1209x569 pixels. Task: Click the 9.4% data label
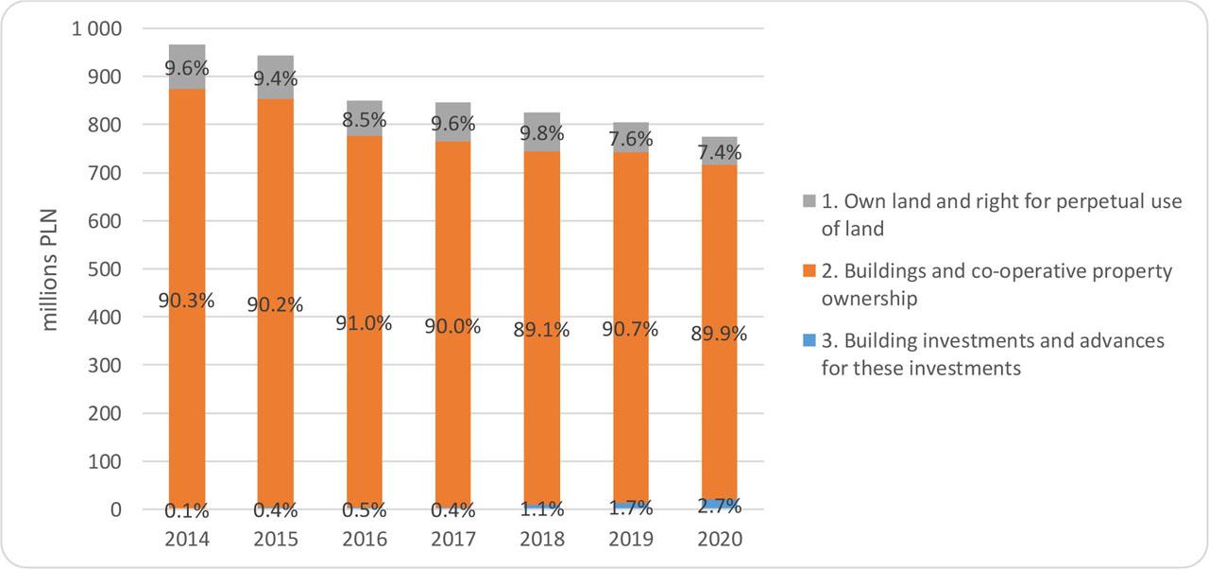tap(276, 78)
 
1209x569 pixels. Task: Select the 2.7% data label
tap(720, 506)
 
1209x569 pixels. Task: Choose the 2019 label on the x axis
tap(631, 540)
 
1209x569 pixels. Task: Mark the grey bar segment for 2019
tap(631, 132)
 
